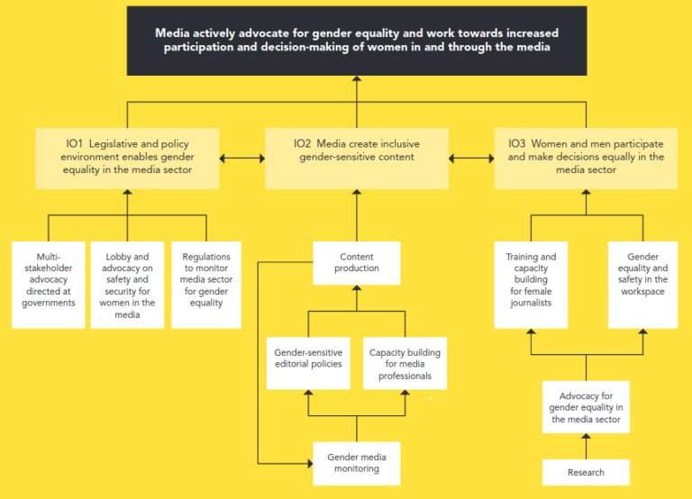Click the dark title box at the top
pyautogui.click(x=357, y=41)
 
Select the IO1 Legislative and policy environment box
pyautogui.click(x=127, y=158)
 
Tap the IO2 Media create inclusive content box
pyautogui.click(x=356, y=158)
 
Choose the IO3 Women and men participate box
pyautogui.click(x=586, y=158)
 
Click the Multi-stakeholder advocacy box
pyautogui.click(x=49, y=284)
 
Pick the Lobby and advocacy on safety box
pyautogui.click(x=127, y=284)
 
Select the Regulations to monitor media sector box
pyautogui.click(x=206, y=284)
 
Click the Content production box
pyautogui.click(x=356, y=262)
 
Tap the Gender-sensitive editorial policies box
pyautogui.click(x=308, y=363)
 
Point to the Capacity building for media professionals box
pyautogui.click(x=405, y=363)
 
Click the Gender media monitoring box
pyautogui.click(x=356, y=463)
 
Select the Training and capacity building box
pyautogui.click(x=531, y=284)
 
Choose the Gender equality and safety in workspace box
pyautogui.click(x=642, y=284)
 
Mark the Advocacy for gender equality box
pyautogui.click(x=586, y=407)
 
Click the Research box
pyautogui.click(x=586, y=472)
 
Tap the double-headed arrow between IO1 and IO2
pyautogui.click(x=241, y=159)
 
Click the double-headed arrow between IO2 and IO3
pyautogui.click(x=471, y=159)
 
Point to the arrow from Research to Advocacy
pyautogui.click(x=586, y=446)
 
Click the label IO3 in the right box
pyautogui.click(x=517, y=143)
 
